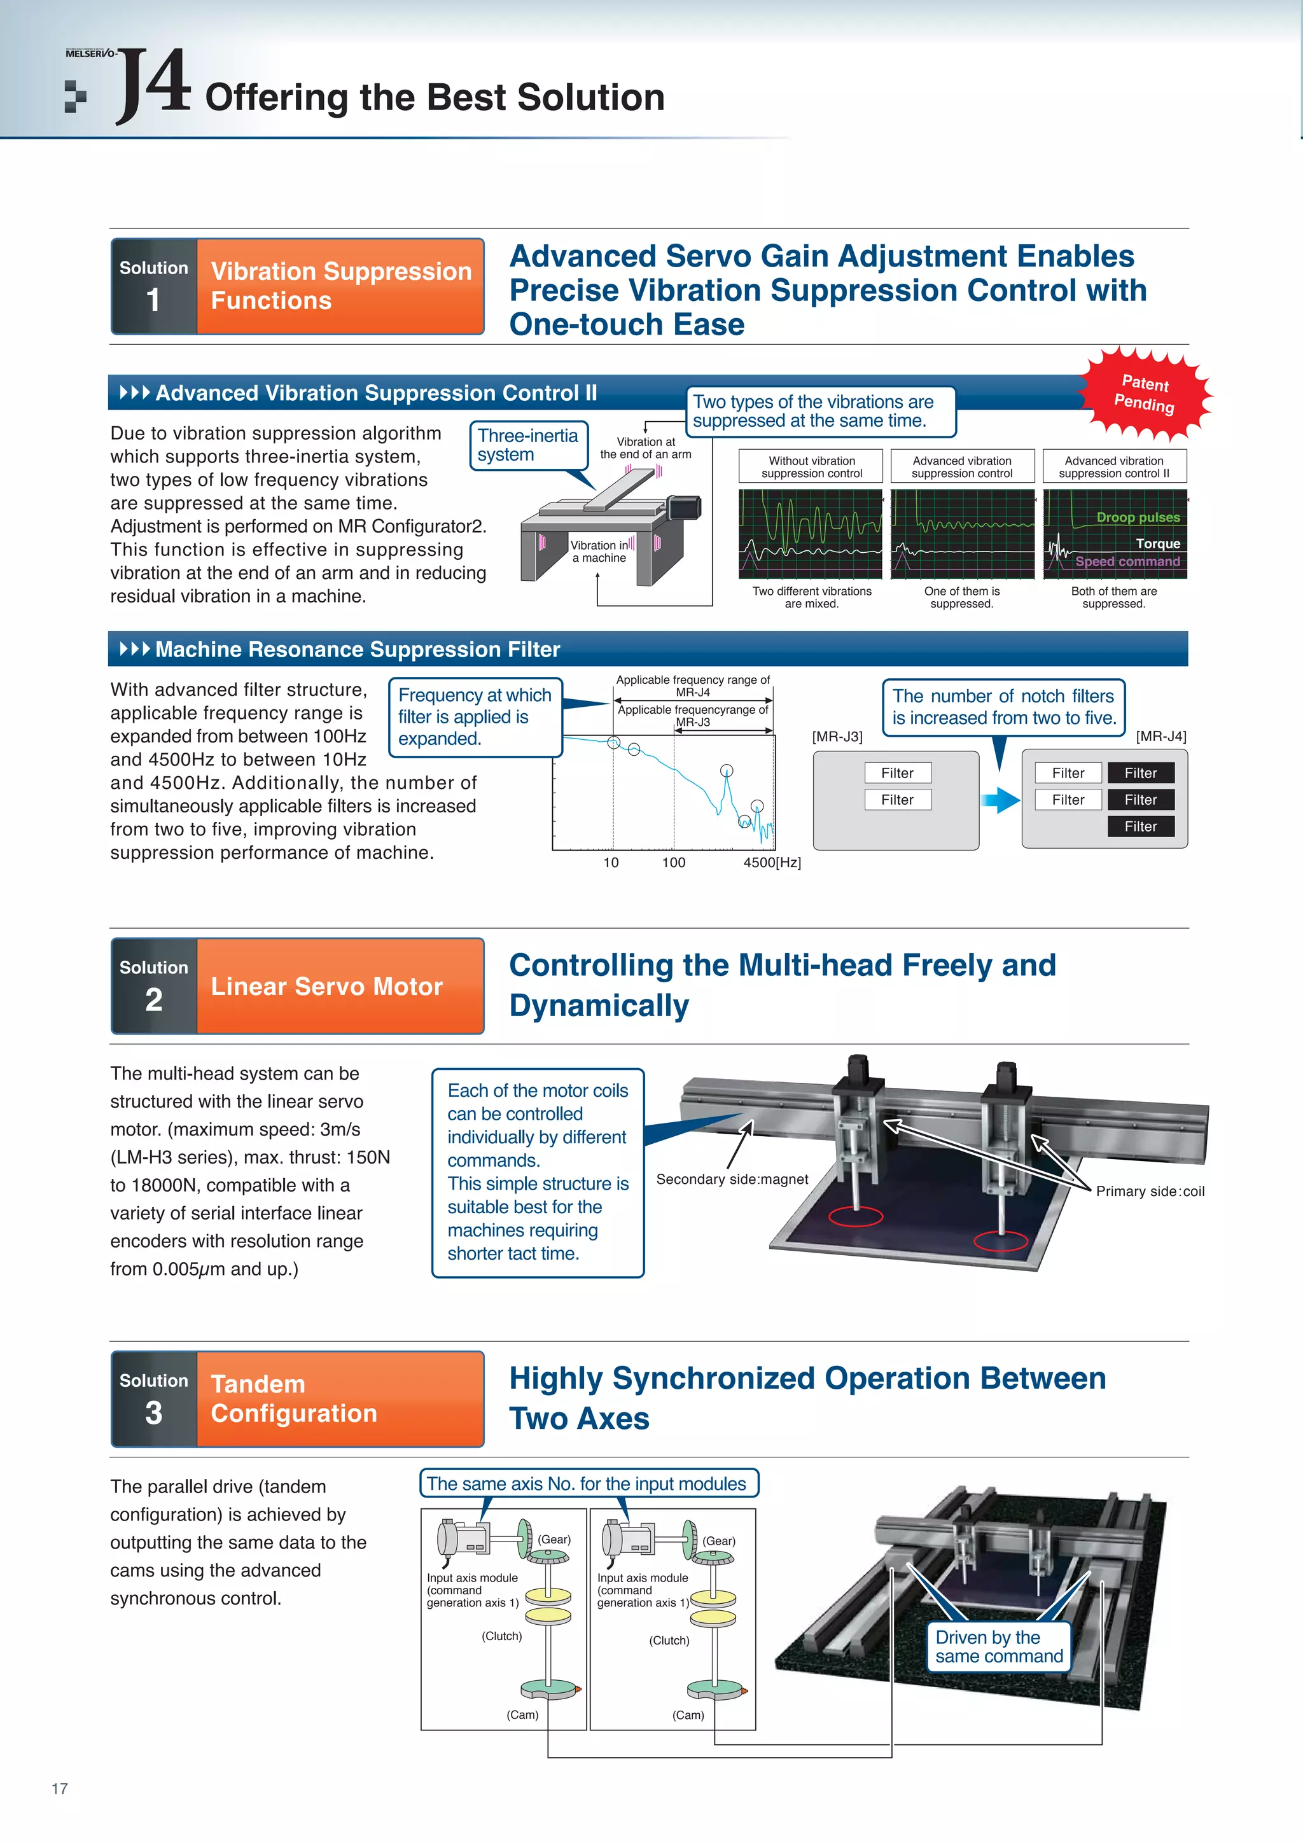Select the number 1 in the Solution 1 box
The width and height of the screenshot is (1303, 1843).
(153, 300)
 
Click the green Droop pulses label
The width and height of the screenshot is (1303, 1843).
(1138, 518)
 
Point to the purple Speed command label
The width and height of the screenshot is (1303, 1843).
(1127, 561)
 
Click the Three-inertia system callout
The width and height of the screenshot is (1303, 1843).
(527, 445)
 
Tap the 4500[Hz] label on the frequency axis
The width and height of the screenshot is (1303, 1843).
(772, 862)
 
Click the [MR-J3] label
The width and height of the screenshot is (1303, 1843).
(837, 736)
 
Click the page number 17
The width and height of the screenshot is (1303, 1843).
(59, 1788)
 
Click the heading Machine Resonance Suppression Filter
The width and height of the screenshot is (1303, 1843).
(358, 650)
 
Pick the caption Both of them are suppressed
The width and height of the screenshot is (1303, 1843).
(1113, 597)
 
